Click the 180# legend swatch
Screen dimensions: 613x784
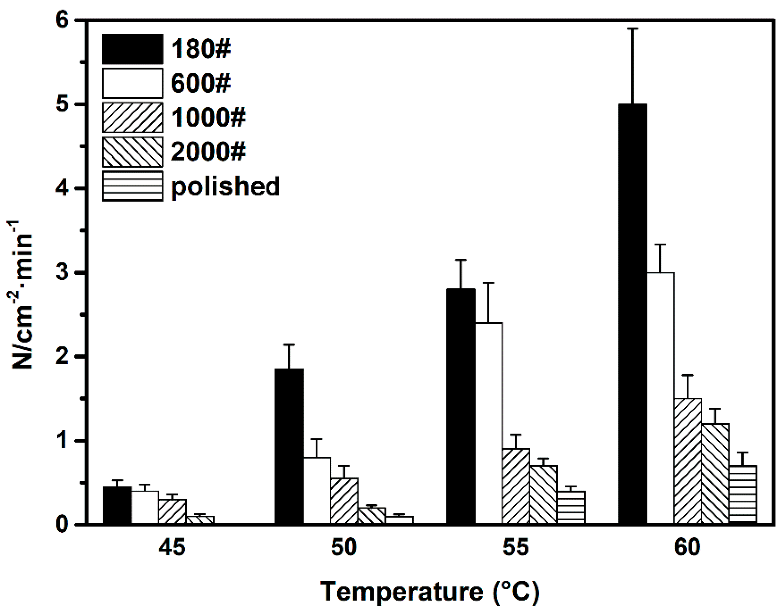coord(132,49)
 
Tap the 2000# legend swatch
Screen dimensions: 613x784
coord(132,152)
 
